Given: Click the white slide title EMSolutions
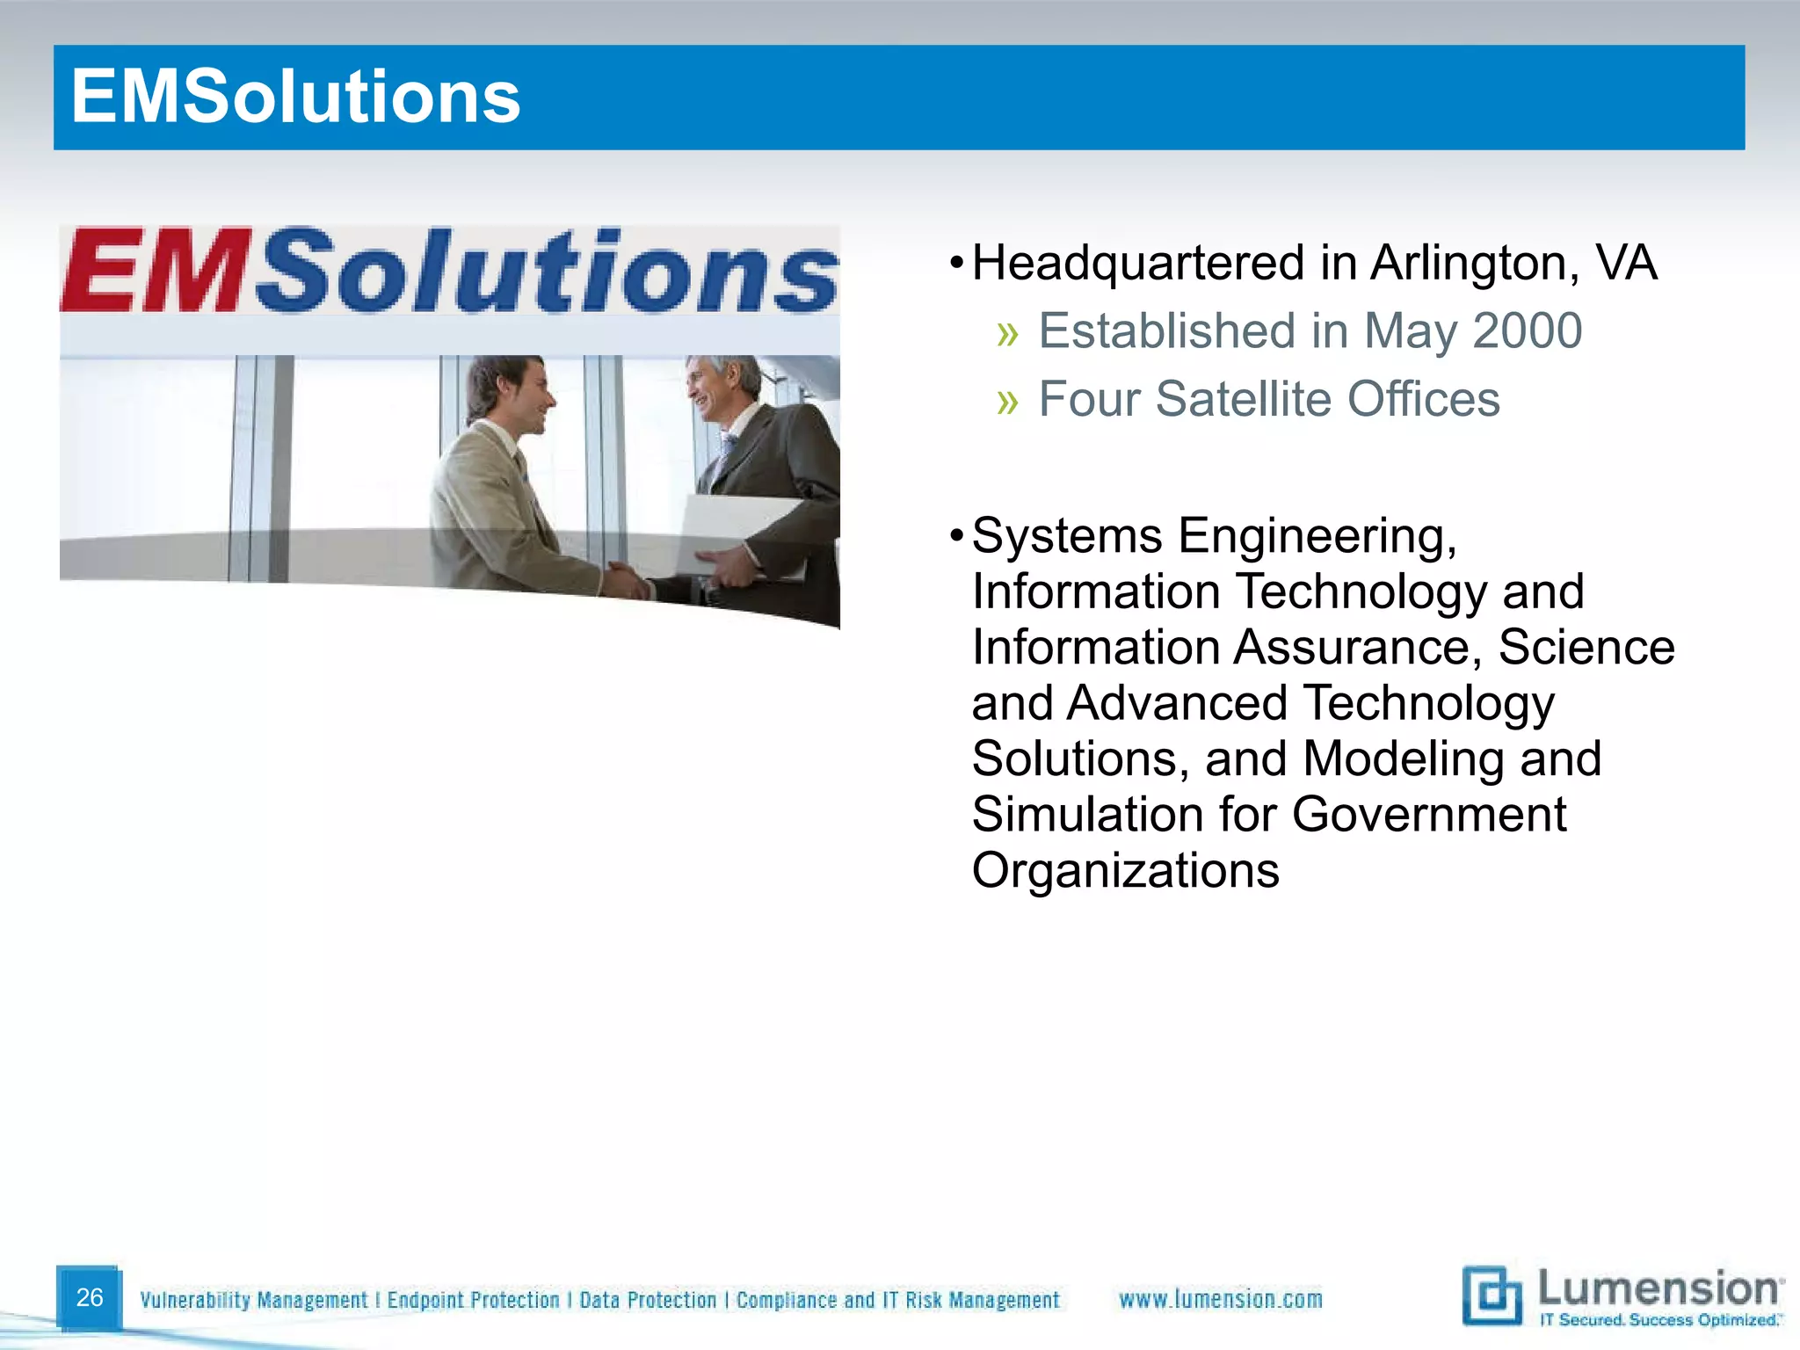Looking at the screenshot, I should coord(295,97).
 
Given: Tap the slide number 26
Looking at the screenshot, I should coord(90,1297).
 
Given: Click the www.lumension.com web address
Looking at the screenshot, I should coord(1220,1299).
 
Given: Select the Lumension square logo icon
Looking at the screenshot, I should coord(1492,1296).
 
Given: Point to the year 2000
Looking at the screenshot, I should coord(1528,331).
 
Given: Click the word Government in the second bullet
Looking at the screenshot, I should coord(1429,815).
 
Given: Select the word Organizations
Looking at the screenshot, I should coord(1125,871).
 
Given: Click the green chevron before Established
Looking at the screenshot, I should coord(1007,333).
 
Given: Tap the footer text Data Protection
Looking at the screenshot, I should coord(648,1300).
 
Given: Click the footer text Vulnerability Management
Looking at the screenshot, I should coord(253,1300).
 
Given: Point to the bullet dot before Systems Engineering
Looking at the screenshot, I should coord(956,535).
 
